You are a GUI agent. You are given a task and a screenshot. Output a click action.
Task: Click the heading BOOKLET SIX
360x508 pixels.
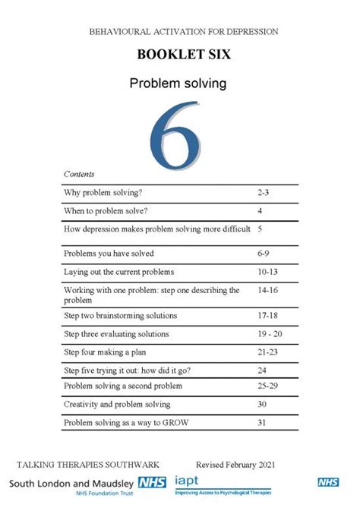183,55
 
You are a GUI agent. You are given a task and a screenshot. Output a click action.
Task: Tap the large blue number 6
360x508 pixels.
175,133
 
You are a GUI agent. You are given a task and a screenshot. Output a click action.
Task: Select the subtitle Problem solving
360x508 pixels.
178,84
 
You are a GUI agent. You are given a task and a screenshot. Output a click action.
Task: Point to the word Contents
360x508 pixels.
79,174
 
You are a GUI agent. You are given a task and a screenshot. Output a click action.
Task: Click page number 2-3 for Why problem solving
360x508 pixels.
264,193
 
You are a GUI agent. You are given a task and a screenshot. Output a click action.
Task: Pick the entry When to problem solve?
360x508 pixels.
106,210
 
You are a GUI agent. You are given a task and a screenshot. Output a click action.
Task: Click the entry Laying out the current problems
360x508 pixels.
118,272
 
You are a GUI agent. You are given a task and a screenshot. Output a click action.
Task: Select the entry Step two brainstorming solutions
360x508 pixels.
120,316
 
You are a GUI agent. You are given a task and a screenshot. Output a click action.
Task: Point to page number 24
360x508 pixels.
262,371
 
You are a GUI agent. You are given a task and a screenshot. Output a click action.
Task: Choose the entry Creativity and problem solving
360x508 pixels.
117,405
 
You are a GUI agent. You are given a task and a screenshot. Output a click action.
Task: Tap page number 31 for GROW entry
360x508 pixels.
262,423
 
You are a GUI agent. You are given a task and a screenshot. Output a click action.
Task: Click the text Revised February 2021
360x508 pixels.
235,464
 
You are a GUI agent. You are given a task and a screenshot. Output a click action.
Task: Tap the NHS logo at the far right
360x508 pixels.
328,482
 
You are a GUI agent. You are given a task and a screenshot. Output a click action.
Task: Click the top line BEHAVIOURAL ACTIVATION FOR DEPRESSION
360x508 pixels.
183,32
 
